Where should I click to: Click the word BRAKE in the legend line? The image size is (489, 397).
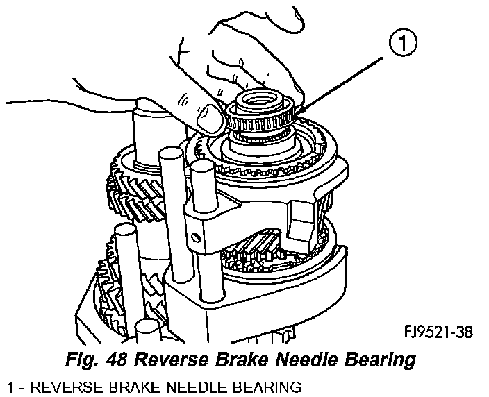click(x=126, y=386)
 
